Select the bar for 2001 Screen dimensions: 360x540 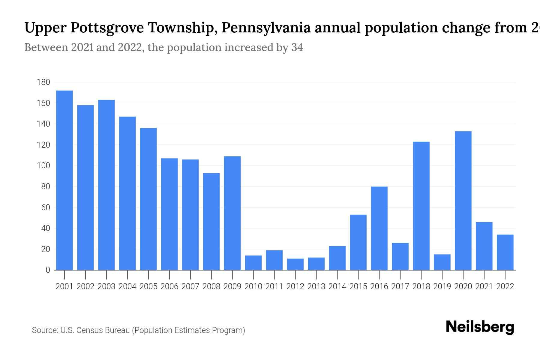(64, 180)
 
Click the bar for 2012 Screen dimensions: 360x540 (295, 264)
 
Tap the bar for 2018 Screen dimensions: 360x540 (421, 206)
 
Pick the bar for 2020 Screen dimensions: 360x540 (463, 200)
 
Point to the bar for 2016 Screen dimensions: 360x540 (379, 228)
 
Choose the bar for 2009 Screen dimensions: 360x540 (232, 213)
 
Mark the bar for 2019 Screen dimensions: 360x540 (442, 262)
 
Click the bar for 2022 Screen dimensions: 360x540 (505, 252)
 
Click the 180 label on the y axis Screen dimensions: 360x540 (43, 82)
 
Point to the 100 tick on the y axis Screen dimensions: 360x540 (43, 166)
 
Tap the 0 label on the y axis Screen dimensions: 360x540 (48, 270)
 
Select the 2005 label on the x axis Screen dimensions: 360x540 (148, 286)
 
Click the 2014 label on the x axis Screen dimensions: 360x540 (337, 286)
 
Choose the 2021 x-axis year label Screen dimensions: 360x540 (484, 286)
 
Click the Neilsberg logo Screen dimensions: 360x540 (480, 327)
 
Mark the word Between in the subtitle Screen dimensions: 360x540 (46, 47)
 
